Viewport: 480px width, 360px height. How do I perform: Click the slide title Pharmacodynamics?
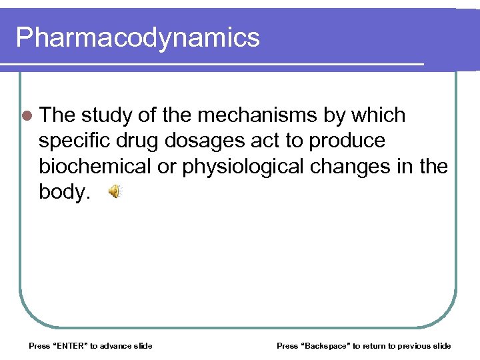(137, 37)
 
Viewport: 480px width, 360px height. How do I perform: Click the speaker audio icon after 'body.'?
(115, 192)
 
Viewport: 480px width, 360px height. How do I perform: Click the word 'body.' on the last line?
(64, 192)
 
